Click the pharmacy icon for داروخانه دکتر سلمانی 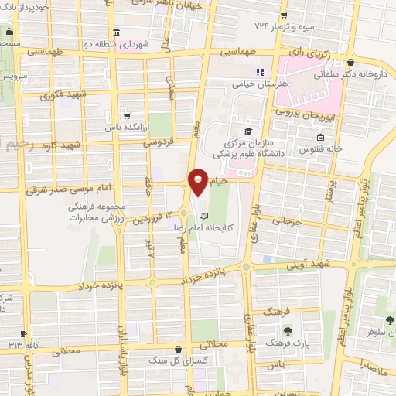click(x=351, y=63)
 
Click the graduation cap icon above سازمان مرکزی click(x=247, y=131)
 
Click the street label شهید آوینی click(x=317, y=265)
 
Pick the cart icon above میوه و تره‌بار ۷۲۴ click(x=285, y=14)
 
